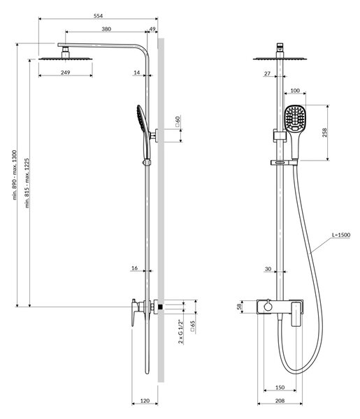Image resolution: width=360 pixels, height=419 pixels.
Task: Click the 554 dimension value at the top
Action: pos(98,16)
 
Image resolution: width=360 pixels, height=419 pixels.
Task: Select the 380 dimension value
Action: pos(106,29)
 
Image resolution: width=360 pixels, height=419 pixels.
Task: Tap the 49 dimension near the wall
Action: pos(152,29)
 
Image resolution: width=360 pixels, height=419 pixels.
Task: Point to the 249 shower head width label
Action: pos(66,73)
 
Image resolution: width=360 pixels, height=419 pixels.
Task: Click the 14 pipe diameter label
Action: pos(137,73)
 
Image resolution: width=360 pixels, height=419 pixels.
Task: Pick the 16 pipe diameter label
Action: pos(134,268)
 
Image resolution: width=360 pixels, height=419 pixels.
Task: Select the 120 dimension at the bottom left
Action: pos(145,401)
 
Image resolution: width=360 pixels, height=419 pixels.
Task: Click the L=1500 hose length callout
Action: pos(341,235)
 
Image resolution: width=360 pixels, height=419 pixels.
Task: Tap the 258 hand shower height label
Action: pos(324,133)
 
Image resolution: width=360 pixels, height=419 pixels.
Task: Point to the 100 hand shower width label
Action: pos(295,91)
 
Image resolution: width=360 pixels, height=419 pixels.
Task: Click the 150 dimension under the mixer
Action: pos(280,388)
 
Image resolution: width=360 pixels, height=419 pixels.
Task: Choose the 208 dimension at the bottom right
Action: pos(280,401)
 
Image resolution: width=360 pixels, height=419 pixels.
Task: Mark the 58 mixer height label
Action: pos(240,307)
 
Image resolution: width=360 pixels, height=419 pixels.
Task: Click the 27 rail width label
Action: pos(267,73)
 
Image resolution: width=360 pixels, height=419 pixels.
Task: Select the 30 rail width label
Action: pos(268,269)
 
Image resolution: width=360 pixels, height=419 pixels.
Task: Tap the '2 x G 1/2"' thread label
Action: pos(181,331)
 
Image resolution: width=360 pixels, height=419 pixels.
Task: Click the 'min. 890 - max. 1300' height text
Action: pos(15,175)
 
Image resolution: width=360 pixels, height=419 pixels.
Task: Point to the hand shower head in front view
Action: pos(295,118)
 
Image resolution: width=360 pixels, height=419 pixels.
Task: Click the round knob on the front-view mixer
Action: pos(268,307)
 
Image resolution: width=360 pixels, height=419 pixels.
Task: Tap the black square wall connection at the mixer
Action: pos(161,307)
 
